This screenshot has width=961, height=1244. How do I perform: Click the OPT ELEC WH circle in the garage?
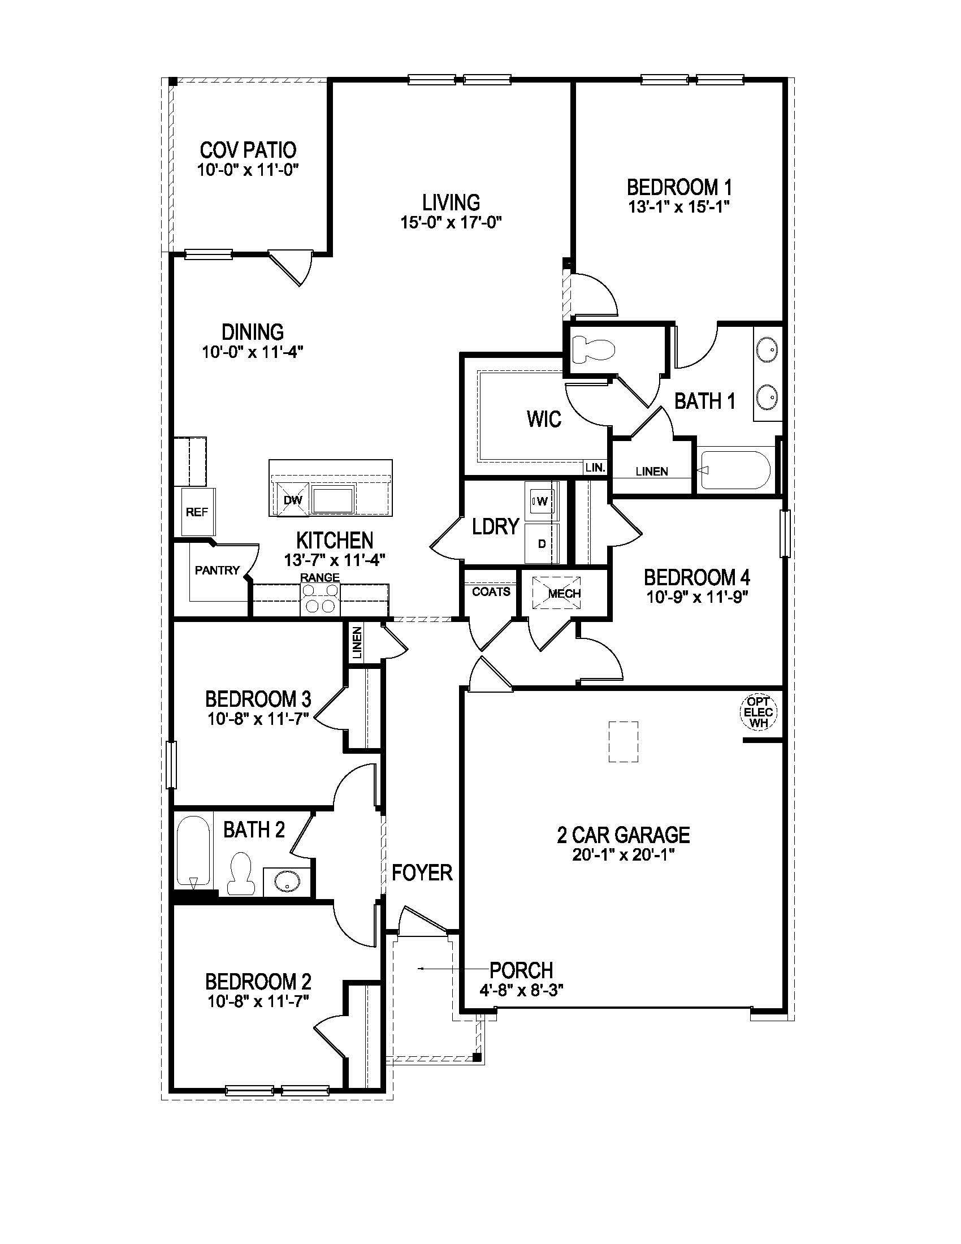pyautogui.click(x=758, y=712)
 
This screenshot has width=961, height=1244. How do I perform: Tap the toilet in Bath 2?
pyautogui.click(x=239, y=873)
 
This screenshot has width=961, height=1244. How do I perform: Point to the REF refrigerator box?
pyautogui.click(x=197, y=512)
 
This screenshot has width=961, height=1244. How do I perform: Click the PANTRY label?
pyautogui.click(x=217, y=569)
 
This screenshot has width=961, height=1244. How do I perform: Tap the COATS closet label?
pyautogui.click(x=491, y=592)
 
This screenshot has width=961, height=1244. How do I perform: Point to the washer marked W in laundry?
pyautogui.click(x=542, y=501)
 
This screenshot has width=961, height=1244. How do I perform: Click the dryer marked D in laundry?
pyautogui.click(x=542, y=543)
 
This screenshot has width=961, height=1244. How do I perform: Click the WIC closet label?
pyautogui.click(x=544, y=419)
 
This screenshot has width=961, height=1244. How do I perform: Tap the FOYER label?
pyautogui.click(x=422, y=872)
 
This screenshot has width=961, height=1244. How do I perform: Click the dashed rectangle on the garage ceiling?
pyautogui.click(x=624, y=742)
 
